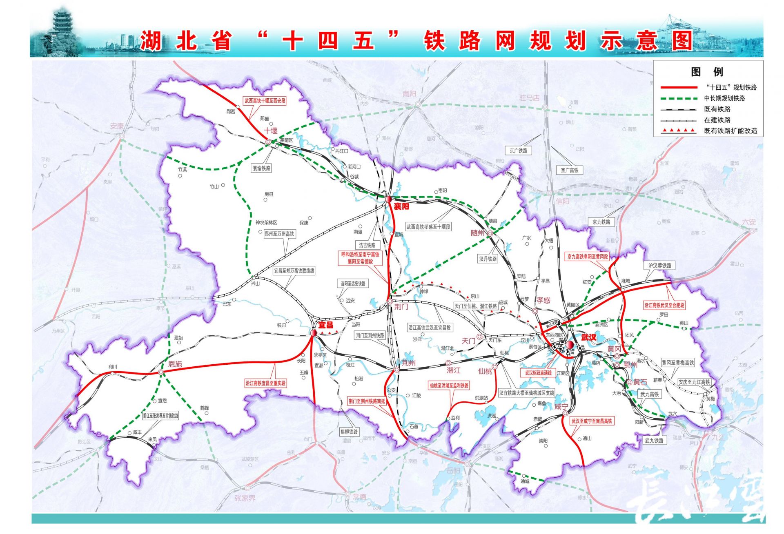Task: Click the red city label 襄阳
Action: [401, 206]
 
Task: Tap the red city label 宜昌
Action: [325, 325]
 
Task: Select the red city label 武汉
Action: [588, 337]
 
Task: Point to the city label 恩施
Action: [175, 364]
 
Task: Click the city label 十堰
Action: [270, 131]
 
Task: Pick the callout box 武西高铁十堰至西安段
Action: [265, 100]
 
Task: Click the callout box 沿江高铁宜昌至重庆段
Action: [265, 383]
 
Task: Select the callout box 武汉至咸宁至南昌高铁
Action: [591, 421]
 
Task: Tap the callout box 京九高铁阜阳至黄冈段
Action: [587, 257]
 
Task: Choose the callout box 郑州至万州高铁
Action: [279, 234]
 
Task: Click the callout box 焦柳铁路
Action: [349, 431]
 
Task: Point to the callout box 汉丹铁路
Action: [488, 259]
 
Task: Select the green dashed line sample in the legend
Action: [679, 98]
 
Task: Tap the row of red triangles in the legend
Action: [679, 131]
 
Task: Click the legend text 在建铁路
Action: [717, 120]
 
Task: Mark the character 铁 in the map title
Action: [434, 41]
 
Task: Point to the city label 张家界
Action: [245, 498]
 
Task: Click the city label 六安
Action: [748, 222]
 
